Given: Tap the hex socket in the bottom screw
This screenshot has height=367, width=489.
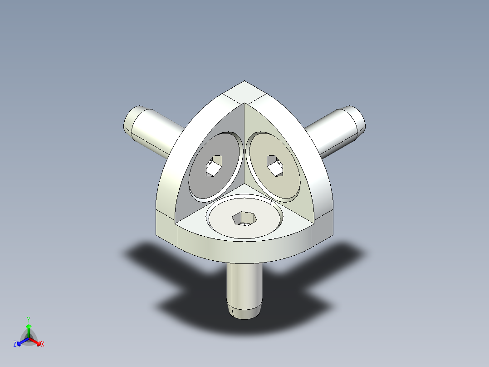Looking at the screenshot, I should tap(244, 218).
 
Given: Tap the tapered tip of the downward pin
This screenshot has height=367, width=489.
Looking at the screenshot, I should tap(244, 312).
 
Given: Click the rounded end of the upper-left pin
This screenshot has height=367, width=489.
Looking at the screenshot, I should tap(130, 121).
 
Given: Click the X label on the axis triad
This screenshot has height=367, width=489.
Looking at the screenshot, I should tap(43, 344).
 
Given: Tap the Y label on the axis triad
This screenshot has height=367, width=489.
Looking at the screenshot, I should tap(28, 319).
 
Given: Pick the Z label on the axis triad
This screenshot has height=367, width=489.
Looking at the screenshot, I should tap(15, 344).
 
